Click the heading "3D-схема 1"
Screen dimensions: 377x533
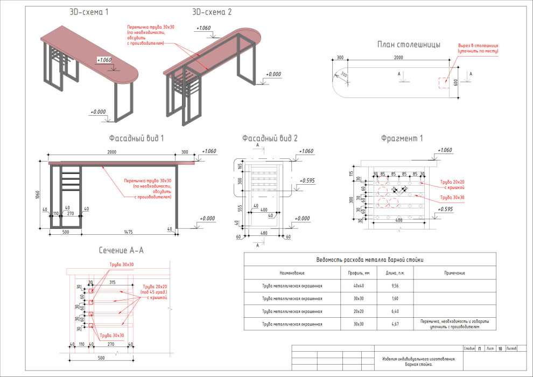[x=89, y=11]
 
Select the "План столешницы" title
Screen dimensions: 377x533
[x=409, y=45]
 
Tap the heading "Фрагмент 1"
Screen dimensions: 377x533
[x=402, y=138]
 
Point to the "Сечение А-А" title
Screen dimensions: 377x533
[x=121, y=250]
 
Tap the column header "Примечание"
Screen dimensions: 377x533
[x=454, y=273]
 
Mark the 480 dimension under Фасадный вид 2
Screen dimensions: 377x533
[x=264, y=233]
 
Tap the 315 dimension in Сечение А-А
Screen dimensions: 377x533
[x=113, y=282]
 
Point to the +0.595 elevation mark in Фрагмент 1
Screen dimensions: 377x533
[x=445, y=209]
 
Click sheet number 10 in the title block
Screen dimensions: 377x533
[x=500, y=349]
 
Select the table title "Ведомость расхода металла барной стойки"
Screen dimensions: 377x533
[x=369, y=260]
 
